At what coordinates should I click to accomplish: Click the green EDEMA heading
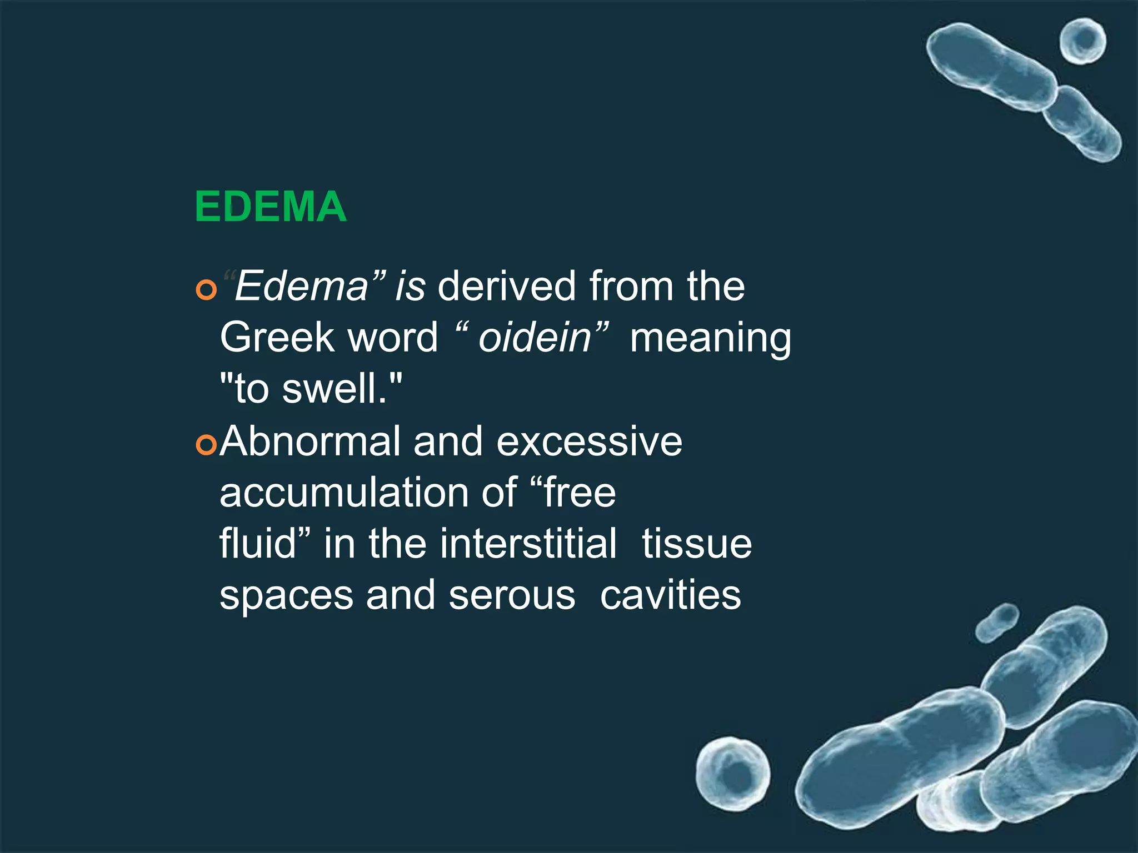pos(271,207)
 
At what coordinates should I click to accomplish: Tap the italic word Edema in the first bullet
pos(301,287)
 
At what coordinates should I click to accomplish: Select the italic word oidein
pos(535,338)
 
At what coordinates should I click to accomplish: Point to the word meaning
pos(710,339)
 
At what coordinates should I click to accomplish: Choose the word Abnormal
pos(310,441)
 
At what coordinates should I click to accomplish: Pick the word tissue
pos(697,544)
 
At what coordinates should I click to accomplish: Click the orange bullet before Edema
pos(206,290)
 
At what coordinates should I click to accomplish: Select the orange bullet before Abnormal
pos(206,445)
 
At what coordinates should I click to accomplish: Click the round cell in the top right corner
pos(1082,42)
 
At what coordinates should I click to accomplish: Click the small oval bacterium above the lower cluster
pos(997,623)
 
